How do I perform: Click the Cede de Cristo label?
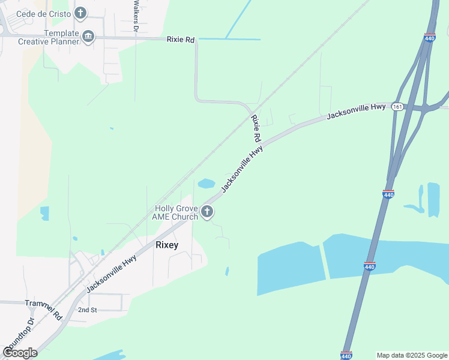[41, 13]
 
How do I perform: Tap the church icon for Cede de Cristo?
[80, 13]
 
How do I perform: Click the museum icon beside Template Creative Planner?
[88, 37]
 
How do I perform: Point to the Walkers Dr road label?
[136, 16]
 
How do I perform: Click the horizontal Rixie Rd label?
[181, 40]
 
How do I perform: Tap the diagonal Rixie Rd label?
[256, 128]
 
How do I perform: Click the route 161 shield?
[397, 106]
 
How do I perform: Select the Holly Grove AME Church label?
[176, 212]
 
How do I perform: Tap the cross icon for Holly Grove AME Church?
[207, 211]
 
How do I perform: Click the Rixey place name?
[167, 244]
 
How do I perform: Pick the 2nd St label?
[87, 310]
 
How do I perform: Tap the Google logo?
[20, 353]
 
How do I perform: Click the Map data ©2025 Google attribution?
[412, 355]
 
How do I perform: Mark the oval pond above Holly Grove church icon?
[206, 183]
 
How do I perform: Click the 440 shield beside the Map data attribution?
[346, 356]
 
